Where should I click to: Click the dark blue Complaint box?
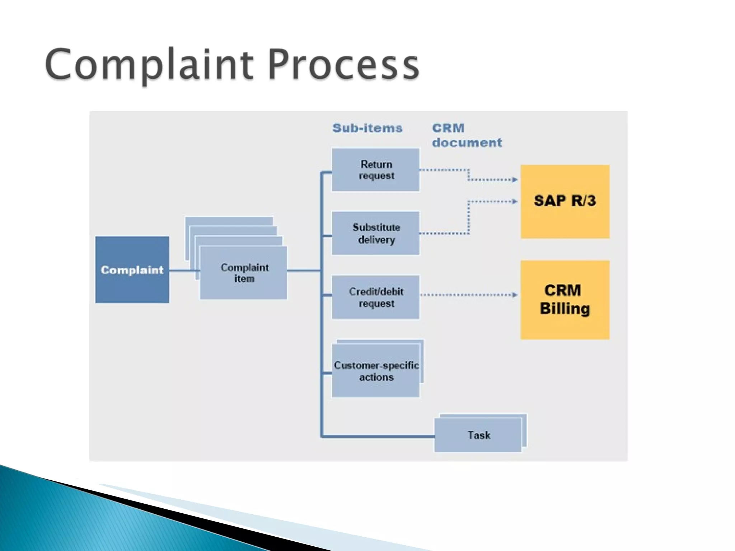(x=132, y=270)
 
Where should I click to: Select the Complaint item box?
(x=243, y=273)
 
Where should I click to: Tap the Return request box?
(x=375, y=170)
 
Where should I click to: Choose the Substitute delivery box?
(x=375, y=233)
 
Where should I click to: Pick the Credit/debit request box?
(x=375, y=297)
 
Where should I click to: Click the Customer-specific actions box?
(x=375, y=371)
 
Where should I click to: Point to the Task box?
(x=478, y=435)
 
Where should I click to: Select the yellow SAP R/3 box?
(x=565, y=201)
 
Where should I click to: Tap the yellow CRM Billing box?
(x=565, y=300)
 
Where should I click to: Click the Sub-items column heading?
(x=367, y=128)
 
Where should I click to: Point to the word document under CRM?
(x=467, y=142)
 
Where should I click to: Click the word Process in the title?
(x=343, y=65)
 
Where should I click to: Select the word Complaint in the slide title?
(x=149, y=65)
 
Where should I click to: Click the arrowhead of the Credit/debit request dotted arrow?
(x=515, y=295)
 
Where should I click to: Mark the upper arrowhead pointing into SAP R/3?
(x=515, y=180)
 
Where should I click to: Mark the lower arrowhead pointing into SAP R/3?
(x=515, y=202)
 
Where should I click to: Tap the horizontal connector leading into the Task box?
(x=377, y=436)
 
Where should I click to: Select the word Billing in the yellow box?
(x=565, y=309)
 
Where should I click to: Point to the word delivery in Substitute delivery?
(x=376, y=239)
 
